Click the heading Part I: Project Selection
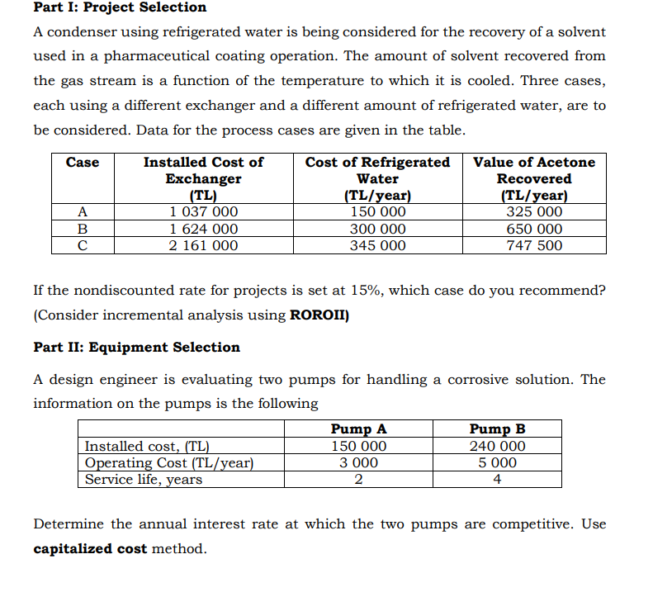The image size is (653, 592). pyautogui.click(x=120, y=7)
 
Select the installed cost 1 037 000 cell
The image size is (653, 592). pyautogui.click(x=204, y=212)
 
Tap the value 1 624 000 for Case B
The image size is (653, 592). pyautogui.click(x=204, y=229)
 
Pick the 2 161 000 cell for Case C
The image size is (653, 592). pyautogui.click(x=204, y=245)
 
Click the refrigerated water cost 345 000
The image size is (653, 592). pyautogui.click(x=377, y=245)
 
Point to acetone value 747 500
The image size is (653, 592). pyautogui.click(x=533, y=245)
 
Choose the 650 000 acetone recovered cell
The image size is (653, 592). pyautogui.click(x=533, y=229)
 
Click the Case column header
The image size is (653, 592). pyautogui.click(x=83, y=163)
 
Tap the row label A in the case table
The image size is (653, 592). pyautogui.click(x=83, y=212)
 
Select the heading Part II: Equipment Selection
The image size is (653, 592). pyautogui.click(x=136, y=348)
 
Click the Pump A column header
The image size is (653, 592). pyautogui.click(x=358, y=429)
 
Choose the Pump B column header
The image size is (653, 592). pyautogui.click(x=497, y=429)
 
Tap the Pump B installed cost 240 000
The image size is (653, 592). pyautogui.click(x=497, y=446)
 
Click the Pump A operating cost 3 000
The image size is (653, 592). pyautogui.click(x=358, y=462)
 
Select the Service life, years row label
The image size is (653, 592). pyautogui.click(x=144, y=479)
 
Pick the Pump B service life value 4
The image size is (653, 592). pyautogui.click(x=497, y=479)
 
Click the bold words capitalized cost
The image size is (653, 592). pyautogui.click(x=90, y=549)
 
